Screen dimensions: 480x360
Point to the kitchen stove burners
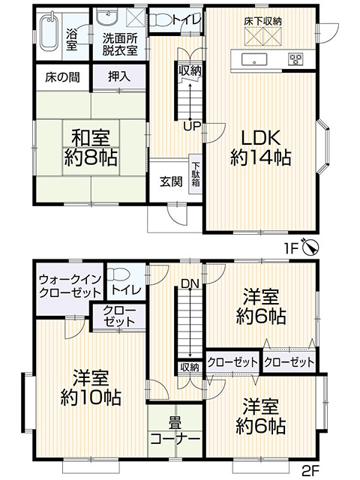(292, 59)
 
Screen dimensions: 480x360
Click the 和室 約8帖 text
(93, 148)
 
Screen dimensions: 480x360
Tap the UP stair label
(190, 126)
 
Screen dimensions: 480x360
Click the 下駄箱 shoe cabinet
(195, 178)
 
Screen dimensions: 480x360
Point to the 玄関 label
(169, 181)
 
